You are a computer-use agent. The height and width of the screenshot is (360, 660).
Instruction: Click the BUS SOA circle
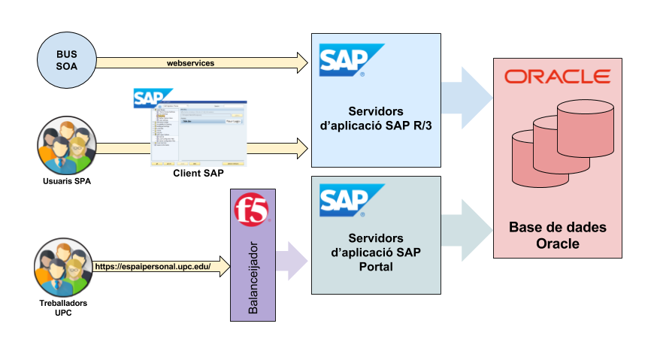click(x=66, y=59)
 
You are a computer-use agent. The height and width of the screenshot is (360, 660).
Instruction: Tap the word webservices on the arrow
click(x=190, y=63)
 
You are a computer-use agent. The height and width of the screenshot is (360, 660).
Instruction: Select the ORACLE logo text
click(x=557, y=77)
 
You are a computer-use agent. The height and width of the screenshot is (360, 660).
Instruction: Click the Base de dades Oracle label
click(x=557, y=235)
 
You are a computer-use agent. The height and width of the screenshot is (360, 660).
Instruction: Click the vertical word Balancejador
click(x=253, y=277)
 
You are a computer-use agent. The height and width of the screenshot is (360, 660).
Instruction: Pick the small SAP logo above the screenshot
click(x=150, y=98)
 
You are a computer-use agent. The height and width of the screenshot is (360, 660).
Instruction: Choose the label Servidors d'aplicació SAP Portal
click(x=377, y=252)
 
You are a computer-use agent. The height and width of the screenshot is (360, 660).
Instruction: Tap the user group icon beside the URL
click(x=63, y=266)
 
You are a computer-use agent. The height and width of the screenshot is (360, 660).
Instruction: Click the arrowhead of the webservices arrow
click(x=302, y=63)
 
